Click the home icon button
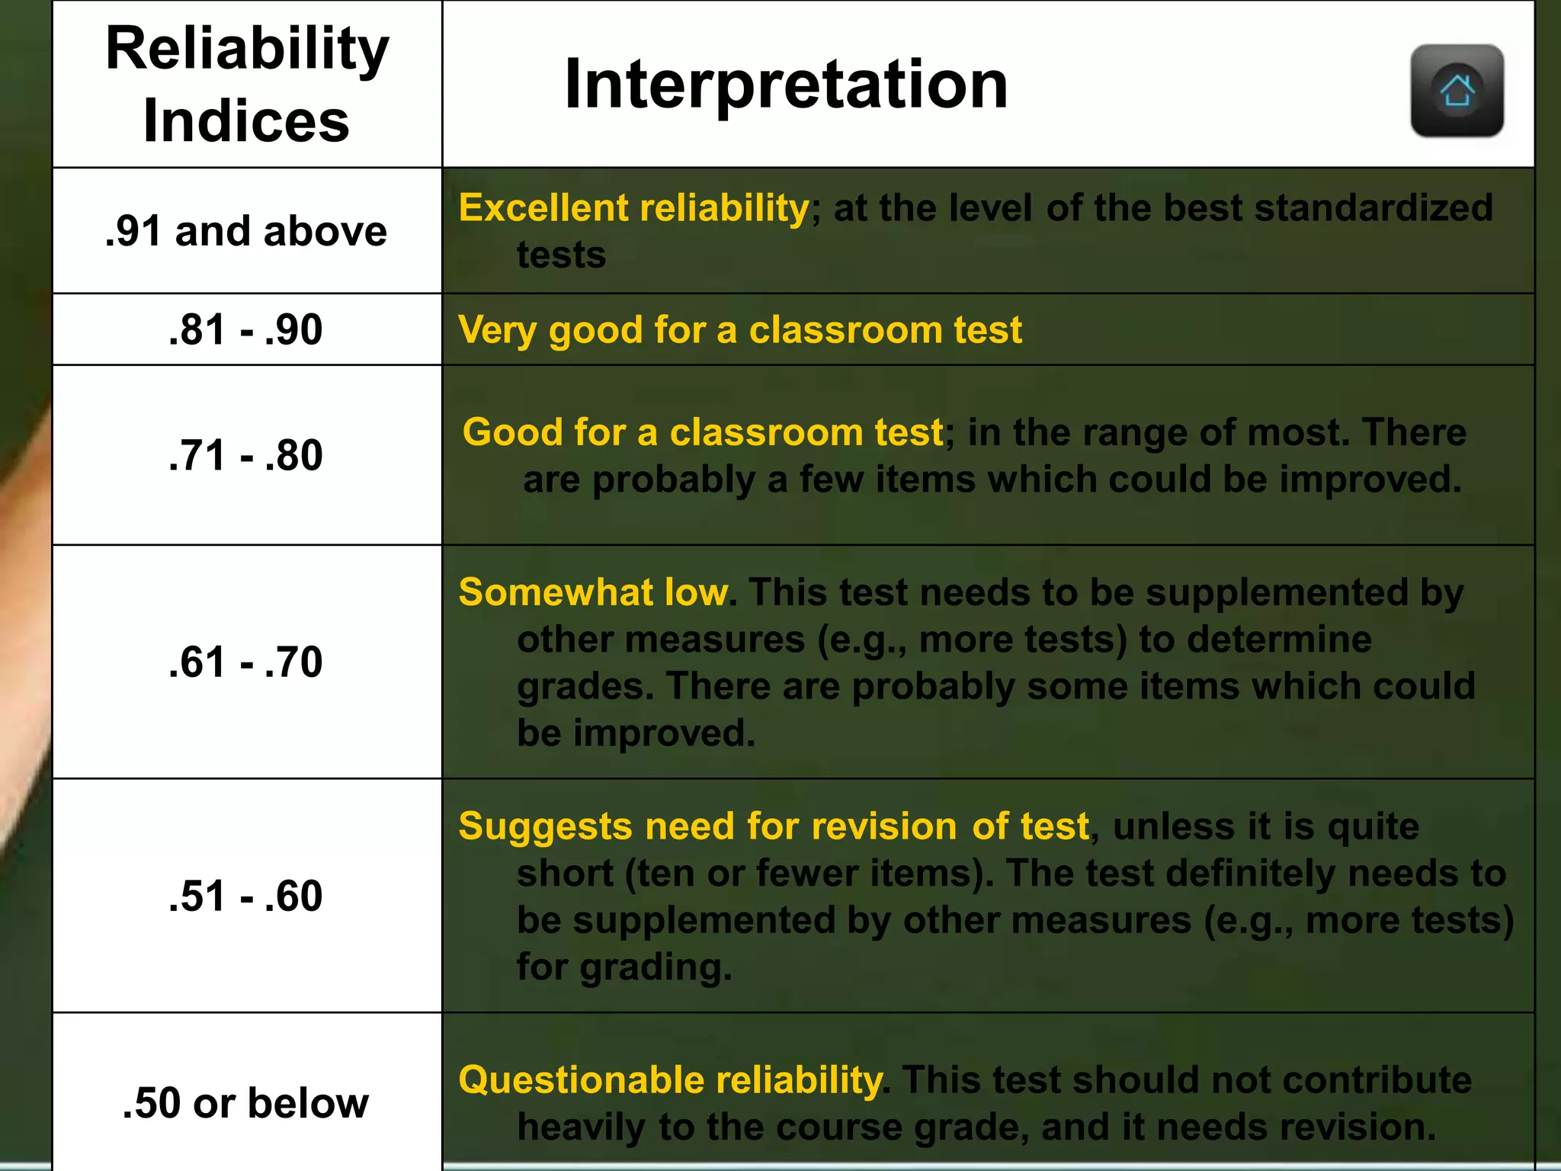pos(1457,91)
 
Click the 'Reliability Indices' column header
pos(247,84)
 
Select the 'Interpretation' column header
pos(786,84)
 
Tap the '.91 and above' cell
pos(246,230)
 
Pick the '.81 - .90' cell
pos(246,329)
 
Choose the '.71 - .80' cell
pos(246,455)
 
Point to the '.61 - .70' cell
pos(246,662)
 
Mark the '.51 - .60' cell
pos(246,896)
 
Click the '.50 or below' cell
pos(246,1103)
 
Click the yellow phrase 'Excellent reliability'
pos(633,208)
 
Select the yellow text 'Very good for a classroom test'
pos(739,330)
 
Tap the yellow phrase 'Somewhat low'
pos(594,592)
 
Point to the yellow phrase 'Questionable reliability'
pos(670,1080)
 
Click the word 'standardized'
pos(1373,208)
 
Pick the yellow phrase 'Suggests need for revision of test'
pos(774,826)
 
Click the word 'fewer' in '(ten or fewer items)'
pos(806,874)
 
